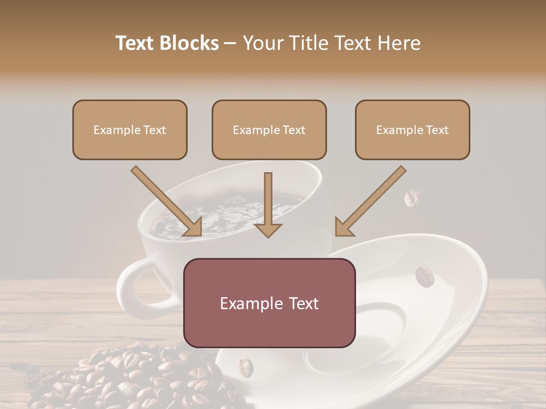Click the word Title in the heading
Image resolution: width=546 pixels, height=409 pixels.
click(308, 43)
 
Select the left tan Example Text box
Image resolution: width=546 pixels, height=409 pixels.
click(130, 130)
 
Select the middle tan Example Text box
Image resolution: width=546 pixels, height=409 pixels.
click(269, 130)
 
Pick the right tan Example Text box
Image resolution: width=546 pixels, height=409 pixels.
click(412, 130)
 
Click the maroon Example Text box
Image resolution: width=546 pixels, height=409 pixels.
click(269, 303)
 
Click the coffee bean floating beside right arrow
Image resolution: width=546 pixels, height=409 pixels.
click(412, 199)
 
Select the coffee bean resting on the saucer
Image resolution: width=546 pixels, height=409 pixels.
click(424, 276)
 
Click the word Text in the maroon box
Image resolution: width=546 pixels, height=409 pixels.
click(301, 303)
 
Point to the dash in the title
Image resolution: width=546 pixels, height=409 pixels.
click(230, 44)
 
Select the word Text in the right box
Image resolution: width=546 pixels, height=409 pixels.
click(437, 130)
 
